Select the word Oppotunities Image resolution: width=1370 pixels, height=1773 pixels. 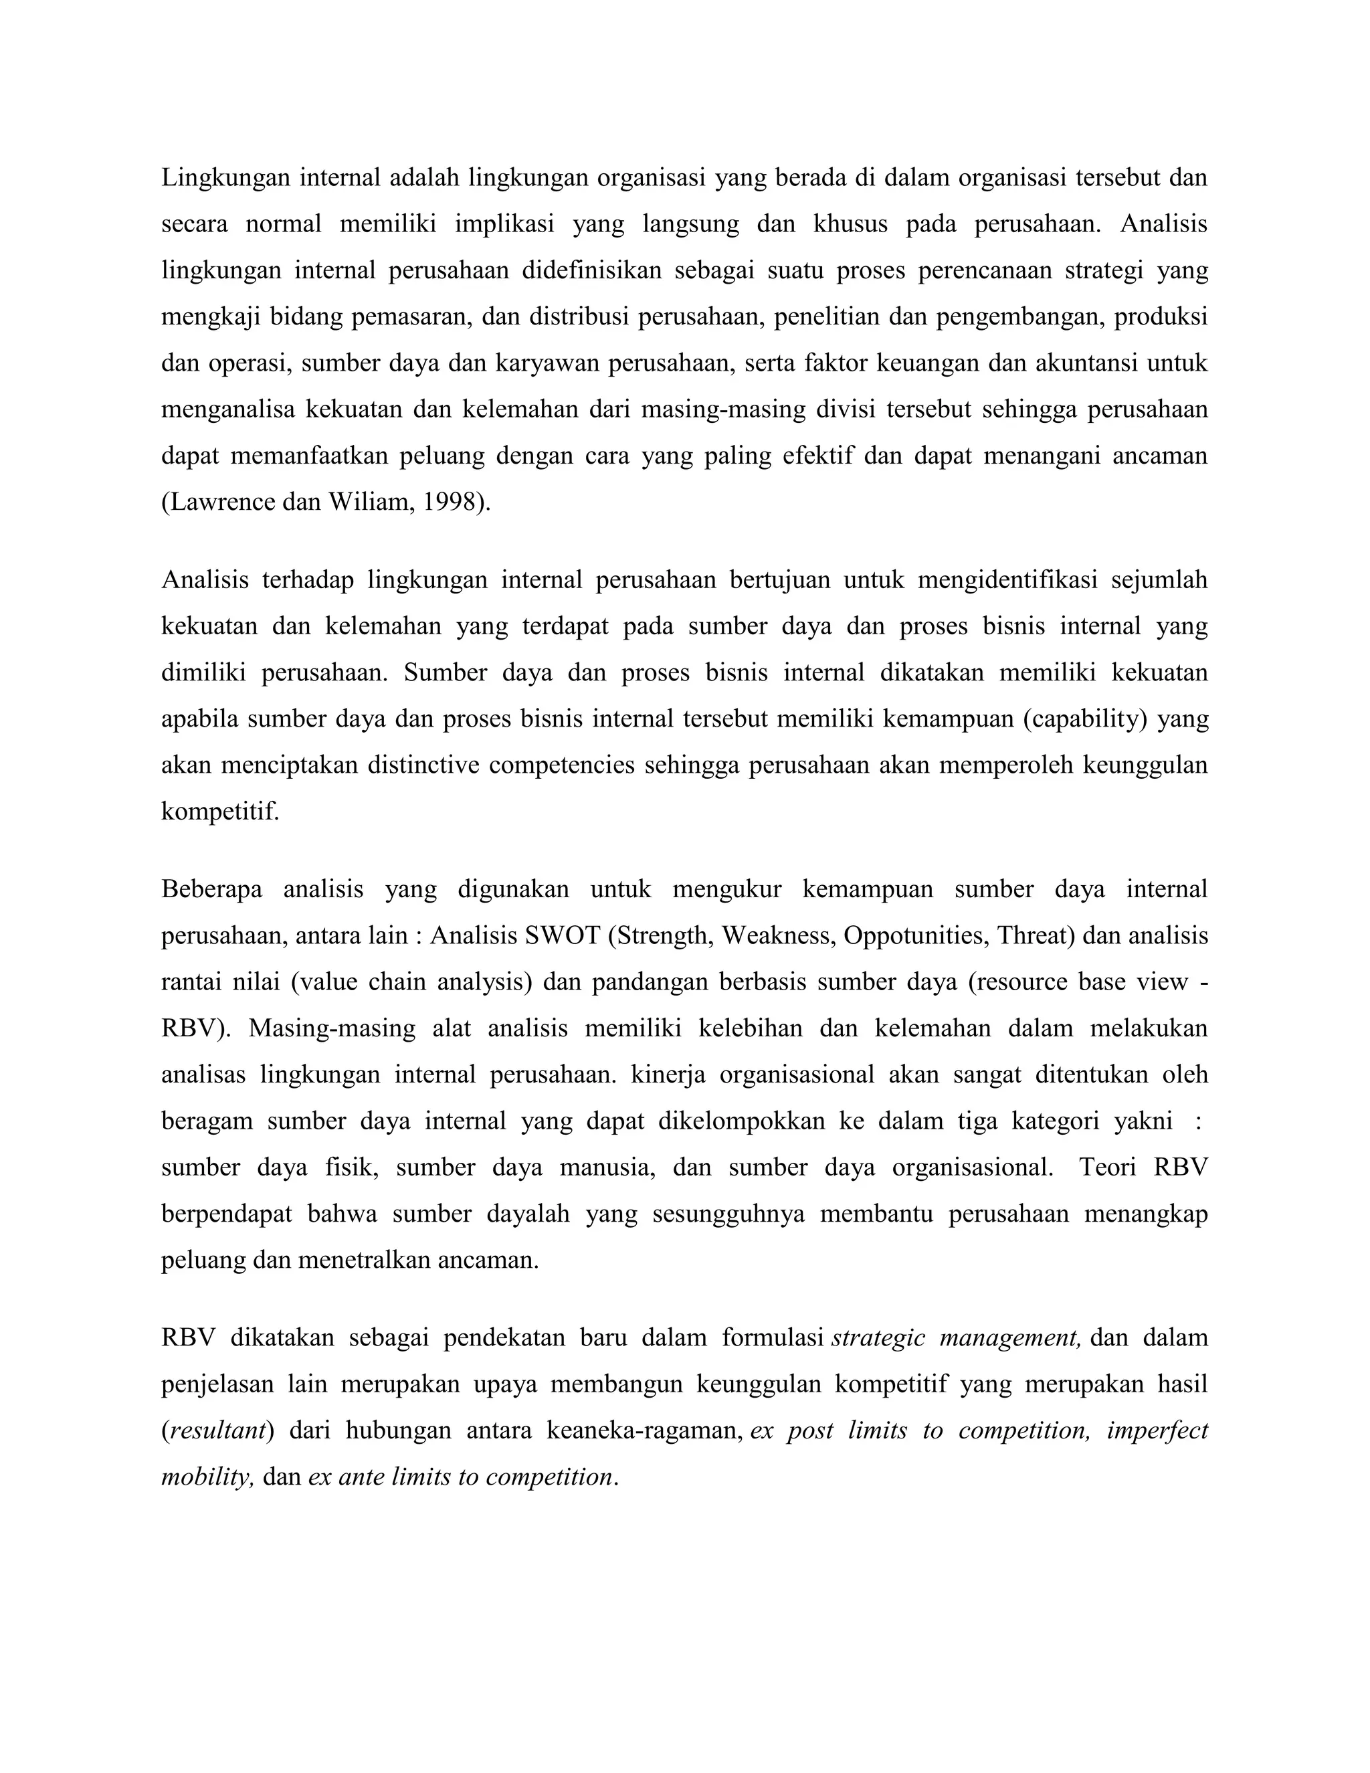pos(914,936)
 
